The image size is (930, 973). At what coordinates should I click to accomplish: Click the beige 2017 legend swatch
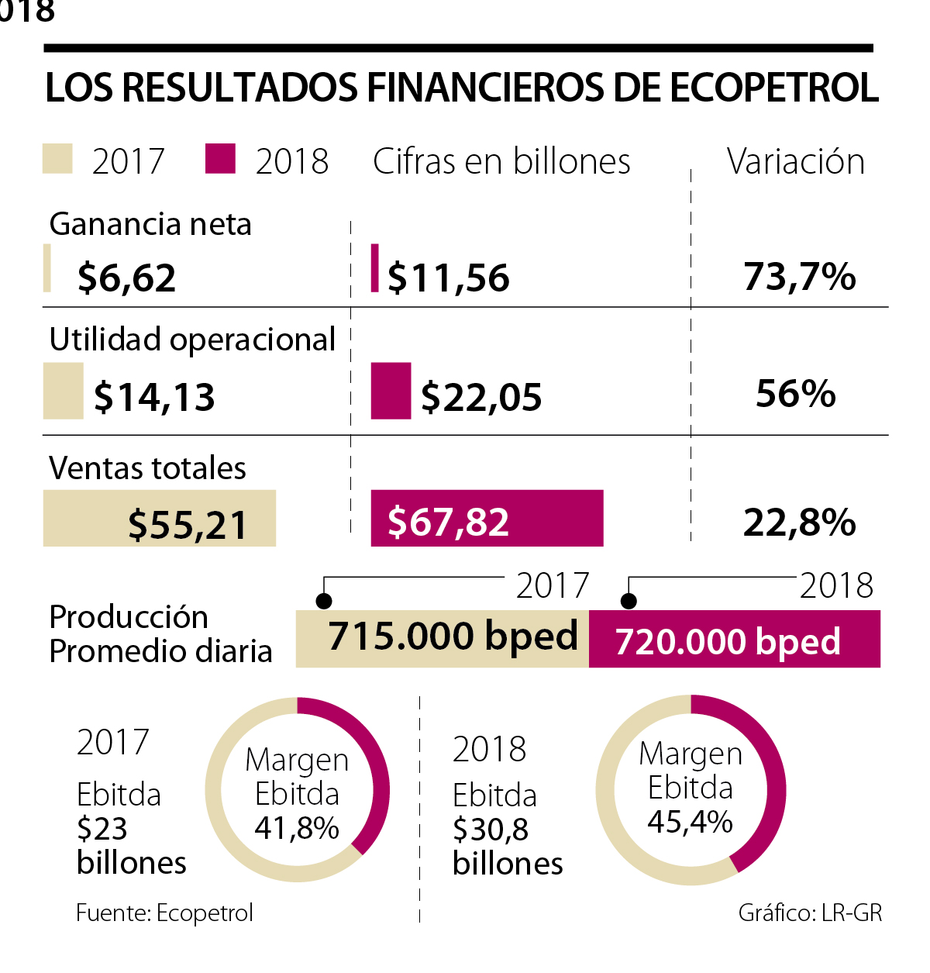coord(57,159)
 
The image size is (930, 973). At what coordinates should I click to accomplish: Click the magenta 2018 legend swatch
coord(220,159)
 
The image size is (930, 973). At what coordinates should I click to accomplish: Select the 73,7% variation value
coord(799,277)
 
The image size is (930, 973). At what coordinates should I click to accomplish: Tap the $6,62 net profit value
coord(127,278)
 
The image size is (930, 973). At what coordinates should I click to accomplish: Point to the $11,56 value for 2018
coord(449,278)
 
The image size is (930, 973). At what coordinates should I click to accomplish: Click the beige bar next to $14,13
coord(63,392)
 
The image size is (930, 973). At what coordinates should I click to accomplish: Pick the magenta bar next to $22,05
coord(391,392)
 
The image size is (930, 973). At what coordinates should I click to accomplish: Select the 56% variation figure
coord(796,394)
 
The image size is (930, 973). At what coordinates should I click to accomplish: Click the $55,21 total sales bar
coord(159,519)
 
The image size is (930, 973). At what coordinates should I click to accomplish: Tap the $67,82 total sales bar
coord(487,519)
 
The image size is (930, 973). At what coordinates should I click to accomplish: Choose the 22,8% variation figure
coord(799,523)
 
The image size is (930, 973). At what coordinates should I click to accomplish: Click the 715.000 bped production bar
coord(443,638)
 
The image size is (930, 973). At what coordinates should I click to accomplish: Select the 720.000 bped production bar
coord(734,639)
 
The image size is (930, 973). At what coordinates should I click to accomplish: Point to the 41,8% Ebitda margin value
coord(297,828)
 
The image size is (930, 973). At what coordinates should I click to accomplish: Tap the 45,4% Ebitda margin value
coord(690,822)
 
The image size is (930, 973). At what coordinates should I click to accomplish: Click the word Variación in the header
coord(795,162)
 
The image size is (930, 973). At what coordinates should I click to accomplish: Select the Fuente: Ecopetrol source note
coord(164,913)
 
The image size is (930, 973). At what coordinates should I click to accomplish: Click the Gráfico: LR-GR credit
coord(810,913)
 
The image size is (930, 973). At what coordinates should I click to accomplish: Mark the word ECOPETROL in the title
coord(773,88)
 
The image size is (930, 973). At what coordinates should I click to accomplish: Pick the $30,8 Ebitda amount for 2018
coord(491,830)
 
